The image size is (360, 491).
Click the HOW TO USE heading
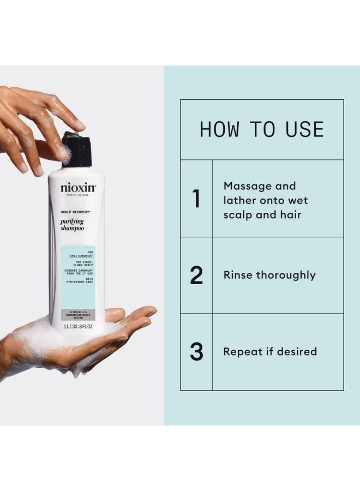[x=262, y=130]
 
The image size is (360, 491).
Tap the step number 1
[x=196, y=199]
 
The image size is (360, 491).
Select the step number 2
[x=196, y=276]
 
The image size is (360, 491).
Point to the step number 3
[x=196, y=352]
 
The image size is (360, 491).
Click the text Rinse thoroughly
[x=269, y=275]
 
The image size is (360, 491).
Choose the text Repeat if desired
[x=270, y=352]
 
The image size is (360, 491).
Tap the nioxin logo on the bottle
[x=78, y=189]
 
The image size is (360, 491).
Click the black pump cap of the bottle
[x=76, y=149]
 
